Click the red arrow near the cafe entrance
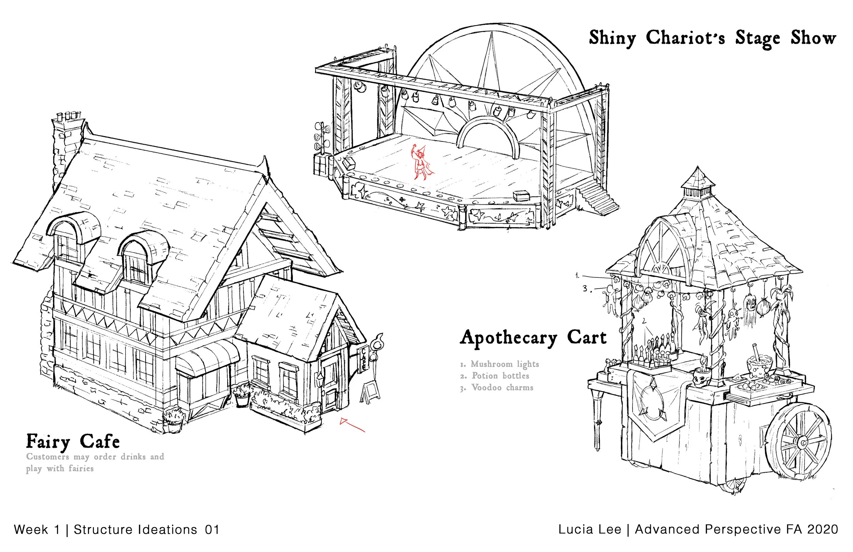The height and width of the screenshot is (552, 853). pyautogui.click(x=351, y=425)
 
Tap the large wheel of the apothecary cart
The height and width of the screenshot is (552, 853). pyautogui.click(x=803, y=442)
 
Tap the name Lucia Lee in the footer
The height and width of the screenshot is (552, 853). pyautogui.click(x=590, y=529)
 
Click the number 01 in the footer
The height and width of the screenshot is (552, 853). pyautogui.click(x=212, y=529)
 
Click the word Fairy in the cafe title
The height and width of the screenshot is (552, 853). pyautogui.click(x=48, y=441)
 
